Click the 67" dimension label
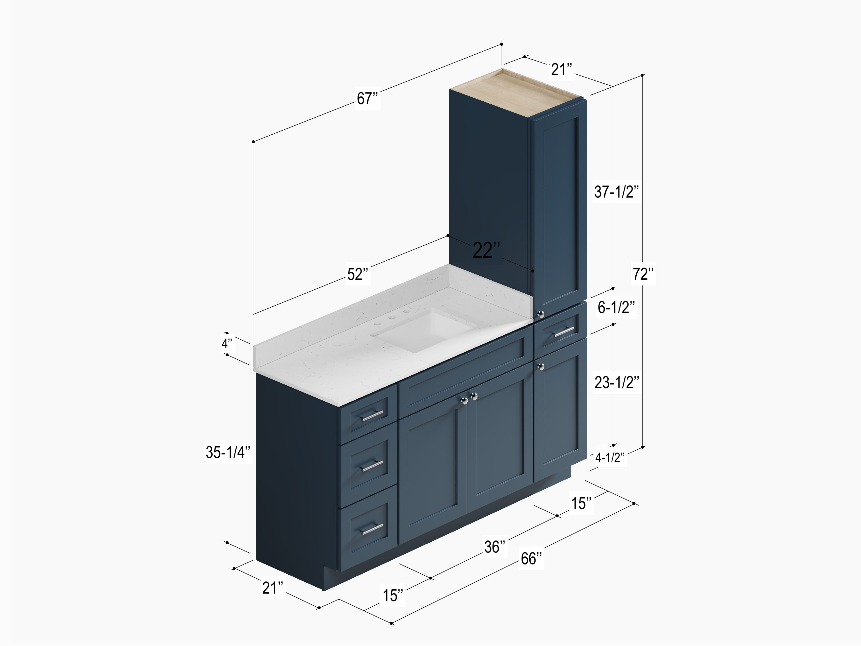coord(368,98)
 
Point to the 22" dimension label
coord(486,250)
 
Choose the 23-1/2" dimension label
coord(616,383)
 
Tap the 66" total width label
coord(531,559)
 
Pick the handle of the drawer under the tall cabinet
coord(564,332)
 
